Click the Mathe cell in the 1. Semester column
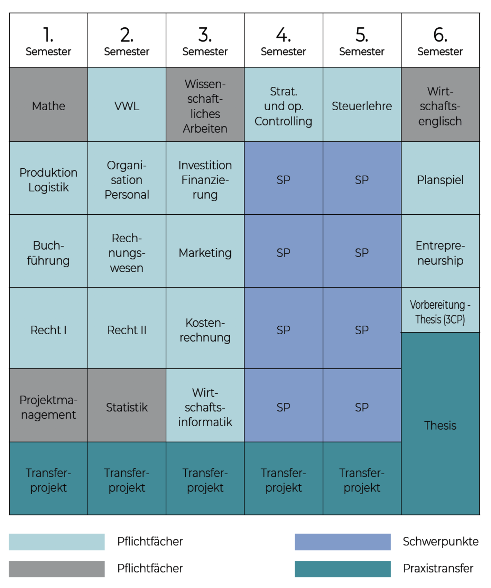[x=48, y=104]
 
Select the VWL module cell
[x=127, y=104]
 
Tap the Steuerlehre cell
[x=362, y=104]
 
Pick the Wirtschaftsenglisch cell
[x=441, y=104]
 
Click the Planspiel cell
[x=441, y=178]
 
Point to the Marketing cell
[x=205, y=251]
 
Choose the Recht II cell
[x=127, y=328]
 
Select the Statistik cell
[x=127, y=405]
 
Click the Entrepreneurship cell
[x=441, y=251]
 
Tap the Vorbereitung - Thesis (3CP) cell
[x=441, y=310]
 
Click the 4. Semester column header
[x=284, y=40]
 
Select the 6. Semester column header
[x=441, y=40]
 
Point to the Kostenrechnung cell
[x=205, y=328]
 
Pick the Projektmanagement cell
[x=48, y=405]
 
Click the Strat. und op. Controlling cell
[x=284, y=104]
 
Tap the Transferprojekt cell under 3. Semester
[x=205, y=478]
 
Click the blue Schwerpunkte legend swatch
[x=343, y=542]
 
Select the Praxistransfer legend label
[x=438, y=568]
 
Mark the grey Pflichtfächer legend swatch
[x=57, y=569]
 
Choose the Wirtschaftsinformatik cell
[x=205, y=405]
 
